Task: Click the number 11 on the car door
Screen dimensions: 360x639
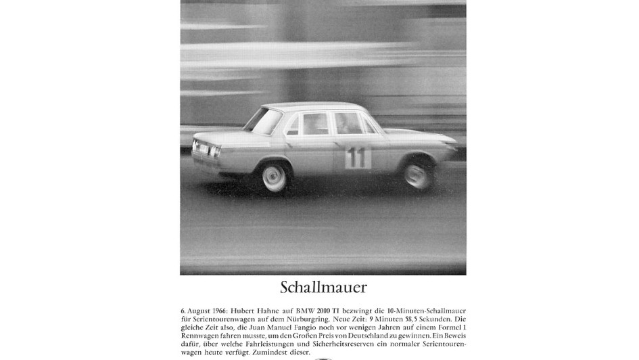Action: (358, 158)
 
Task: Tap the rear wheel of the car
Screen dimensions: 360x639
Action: (275, 177)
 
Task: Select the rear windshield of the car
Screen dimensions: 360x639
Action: (263, 120)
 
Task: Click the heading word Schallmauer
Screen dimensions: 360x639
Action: (323, 287)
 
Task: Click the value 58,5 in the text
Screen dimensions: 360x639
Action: (423, 319)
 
